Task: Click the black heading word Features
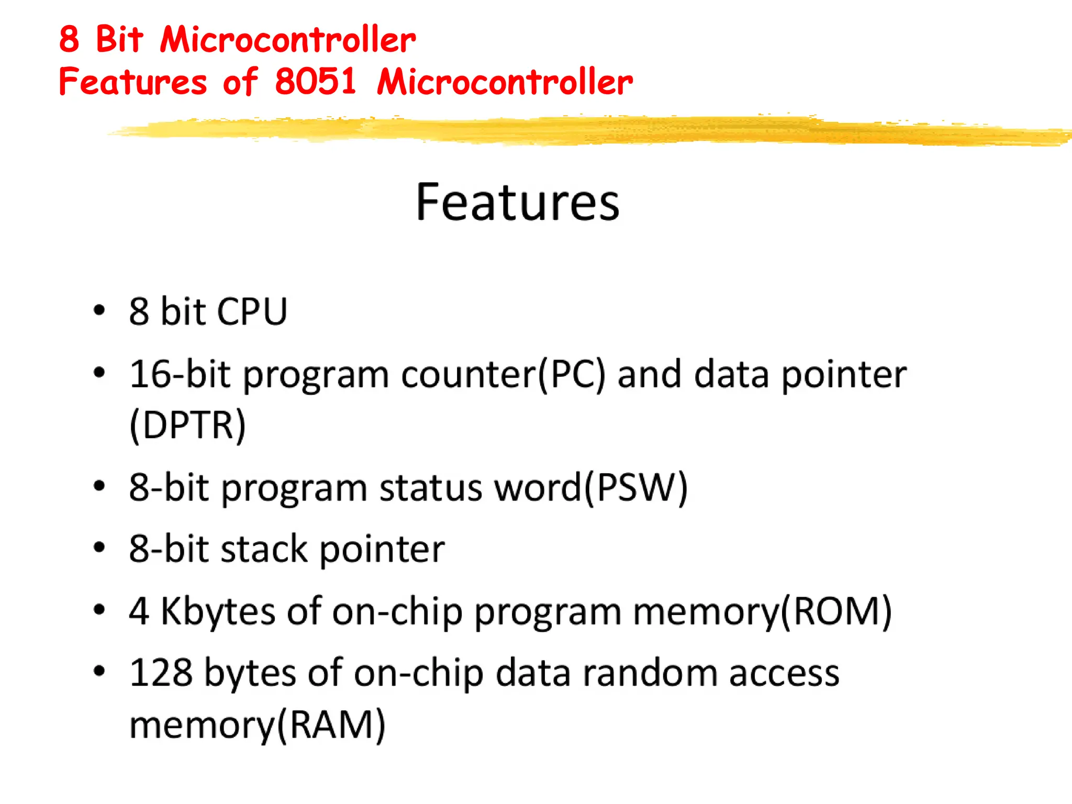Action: [517, 203]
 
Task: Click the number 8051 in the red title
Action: [316, 82]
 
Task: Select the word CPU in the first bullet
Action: [252, 312]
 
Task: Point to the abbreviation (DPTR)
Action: [187, 425]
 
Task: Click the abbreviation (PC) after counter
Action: [571, 375]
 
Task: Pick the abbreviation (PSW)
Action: [635, 488]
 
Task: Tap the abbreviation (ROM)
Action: [836, 611]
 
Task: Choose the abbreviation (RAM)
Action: [331, 725]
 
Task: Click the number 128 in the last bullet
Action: [161, 673]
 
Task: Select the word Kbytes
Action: [218, 611]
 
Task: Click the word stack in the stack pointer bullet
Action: [264, 550]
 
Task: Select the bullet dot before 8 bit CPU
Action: [99, 310]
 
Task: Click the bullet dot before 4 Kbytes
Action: [99, 609]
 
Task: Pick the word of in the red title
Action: [240, 82]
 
